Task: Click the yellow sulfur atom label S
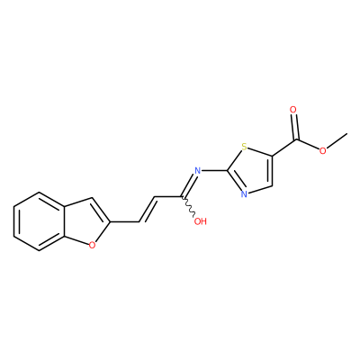tap(245, 148)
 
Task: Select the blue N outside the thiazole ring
tap(197, 171)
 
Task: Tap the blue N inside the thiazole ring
tap(244, 194)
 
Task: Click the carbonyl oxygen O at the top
tap(293, 110)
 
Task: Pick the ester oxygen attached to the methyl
tap(322, 150)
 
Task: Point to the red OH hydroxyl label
tap(201, 221)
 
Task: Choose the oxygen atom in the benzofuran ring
tap(92, 245)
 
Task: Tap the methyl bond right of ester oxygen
tap(337, 141)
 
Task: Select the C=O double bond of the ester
tap(295, 127)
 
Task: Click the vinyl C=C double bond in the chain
tap(147, 210)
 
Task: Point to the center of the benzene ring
tap(39, 221)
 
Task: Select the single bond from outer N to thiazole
tap(214, 171)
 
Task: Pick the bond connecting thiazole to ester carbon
tap(284, 148)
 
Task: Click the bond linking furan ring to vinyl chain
tap(125, 222)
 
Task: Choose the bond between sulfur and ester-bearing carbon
tap(260, 152)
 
